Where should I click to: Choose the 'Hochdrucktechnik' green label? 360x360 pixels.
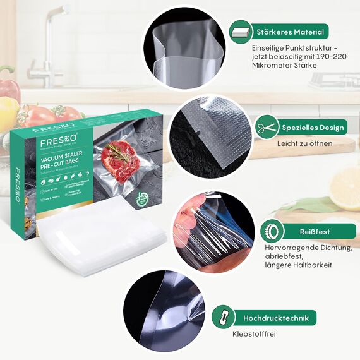pyautogui.click(x=279, y=318)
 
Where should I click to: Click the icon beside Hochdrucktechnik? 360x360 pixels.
pyautogui.click(x=222, y=318)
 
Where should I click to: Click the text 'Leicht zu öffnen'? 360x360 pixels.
pyautogui.click(x=304, y=143)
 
